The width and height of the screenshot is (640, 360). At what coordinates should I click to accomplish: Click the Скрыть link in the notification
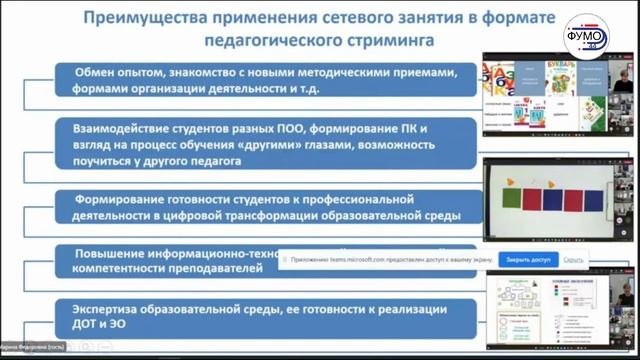pyautogui.click(x=573, y=259)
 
